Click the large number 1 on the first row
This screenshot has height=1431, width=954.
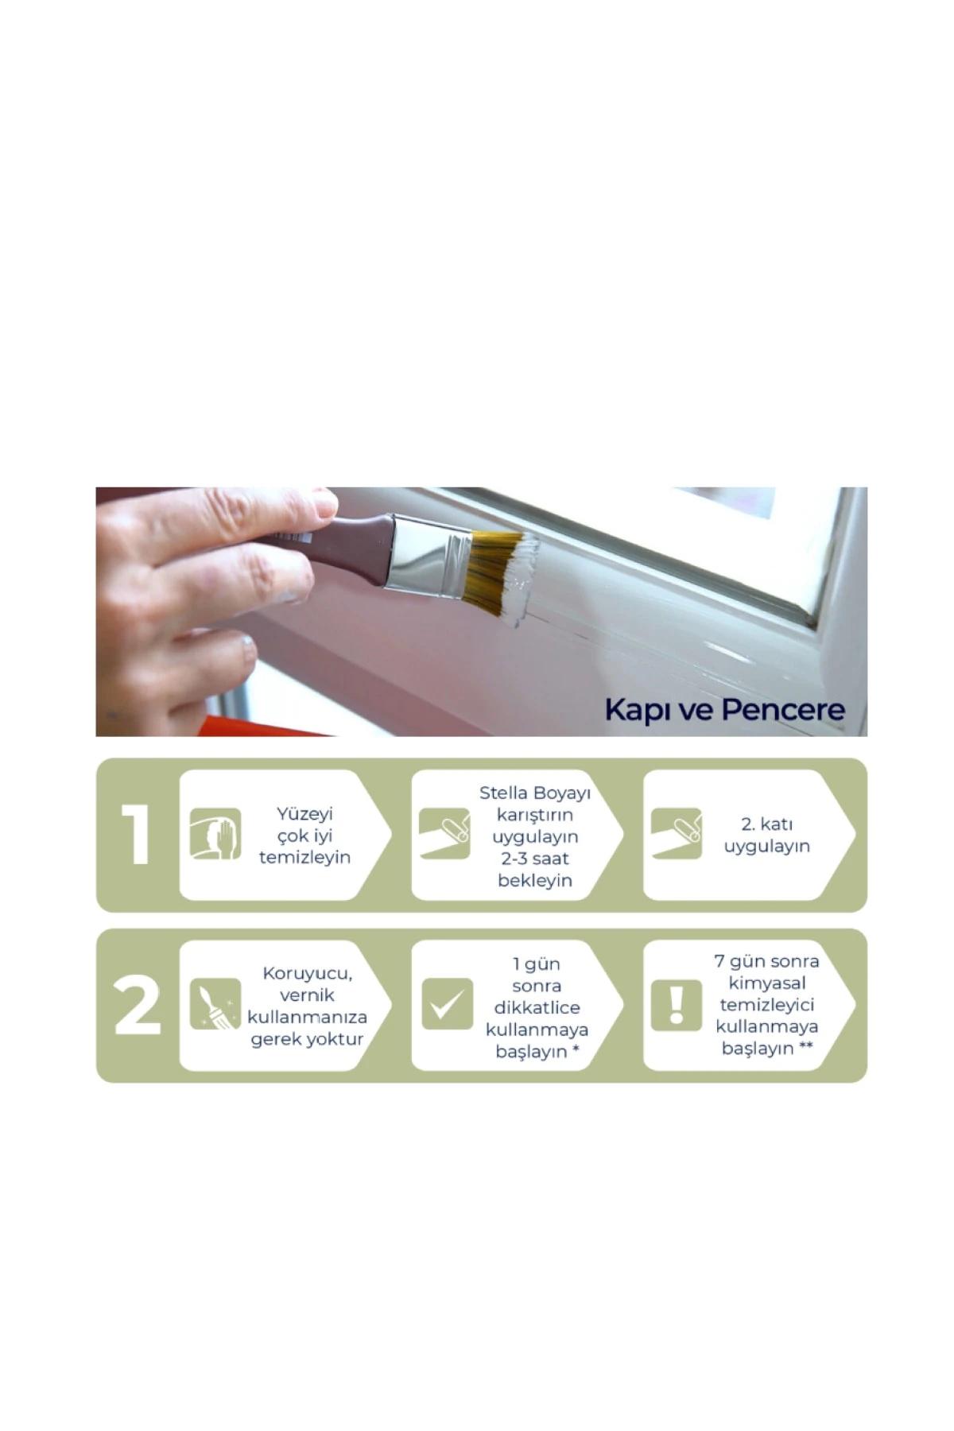[x=138, y=834]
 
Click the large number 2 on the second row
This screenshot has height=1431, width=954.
[x=138, y=1006]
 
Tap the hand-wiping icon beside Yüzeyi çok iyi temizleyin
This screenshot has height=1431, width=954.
[x=215, y=834]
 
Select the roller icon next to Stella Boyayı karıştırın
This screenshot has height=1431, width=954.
[x=444, y=834]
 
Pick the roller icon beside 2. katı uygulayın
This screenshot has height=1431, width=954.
[x=677, y=834]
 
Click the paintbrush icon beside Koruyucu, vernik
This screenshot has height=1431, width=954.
[x=215, y=1004]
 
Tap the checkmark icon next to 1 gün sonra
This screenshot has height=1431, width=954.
[x=448, y=1004]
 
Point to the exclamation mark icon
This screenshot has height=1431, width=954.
[x=677, y=1004]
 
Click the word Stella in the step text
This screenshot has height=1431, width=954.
[x=503, y=793]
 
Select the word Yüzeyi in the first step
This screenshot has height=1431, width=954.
[x=304, y=815]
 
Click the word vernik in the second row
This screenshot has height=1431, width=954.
[x=307, y=995]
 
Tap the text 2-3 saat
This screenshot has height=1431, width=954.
[x=535, y=858]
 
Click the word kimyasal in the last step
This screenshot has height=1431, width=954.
[x=767, y=983]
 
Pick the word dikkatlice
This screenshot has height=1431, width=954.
[x=537, y=1007]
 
